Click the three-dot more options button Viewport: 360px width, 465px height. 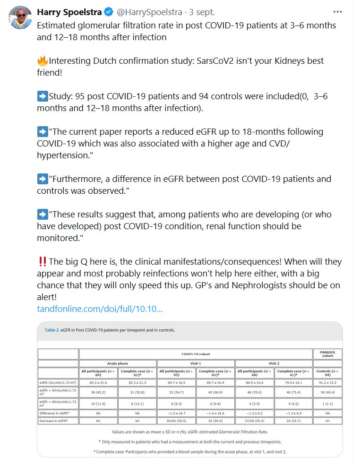337,12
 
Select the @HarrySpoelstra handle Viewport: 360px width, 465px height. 155,12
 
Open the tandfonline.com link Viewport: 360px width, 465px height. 100,309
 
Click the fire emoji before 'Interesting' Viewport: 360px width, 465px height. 43,61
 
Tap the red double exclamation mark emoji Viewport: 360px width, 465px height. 42,261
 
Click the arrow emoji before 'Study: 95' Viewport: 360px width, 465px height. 43,96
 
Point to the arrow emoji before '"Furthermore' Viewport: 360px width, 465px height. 43,179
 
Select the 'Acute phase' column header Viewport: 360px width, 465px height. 118,363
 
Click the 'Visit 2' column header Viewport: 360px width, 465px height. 274,363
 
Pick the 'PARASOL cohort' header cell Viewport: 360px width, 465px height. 327,353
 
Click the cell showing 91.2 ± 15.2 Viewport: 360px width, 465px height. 327,381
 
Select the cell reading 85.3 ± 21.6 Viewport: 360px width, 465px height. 98,381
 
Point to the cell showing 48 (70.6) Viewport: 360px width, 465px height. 254,391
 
